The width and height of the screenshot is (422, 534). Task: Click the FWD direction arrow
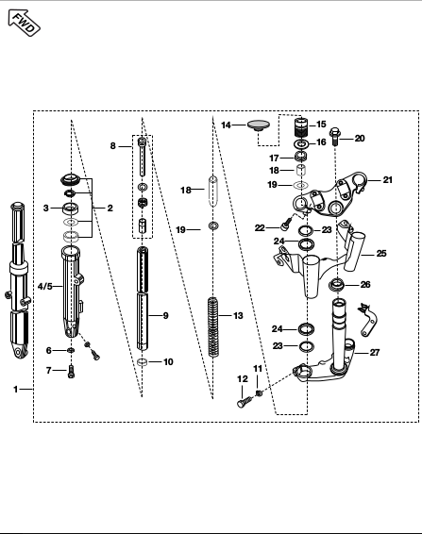[24, 23]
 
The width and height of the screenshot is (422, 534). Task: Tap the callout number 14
[226, 125]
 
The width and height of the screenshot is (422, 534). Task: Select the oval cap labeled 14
[258, 125]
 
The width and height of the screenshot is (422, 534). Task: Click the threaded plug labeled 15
[301, 126]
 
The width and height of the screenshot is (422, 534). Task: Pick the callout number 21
[388, 179]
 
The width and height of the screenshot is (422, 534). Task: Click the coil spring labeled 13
[213, 327]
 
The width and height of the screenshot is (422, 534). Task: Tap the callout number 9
[165, 316]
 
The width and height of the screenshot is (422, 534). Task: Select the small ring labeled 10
[143, 362]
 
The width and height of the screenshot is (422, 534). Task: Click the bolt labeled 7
[71, 371]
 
